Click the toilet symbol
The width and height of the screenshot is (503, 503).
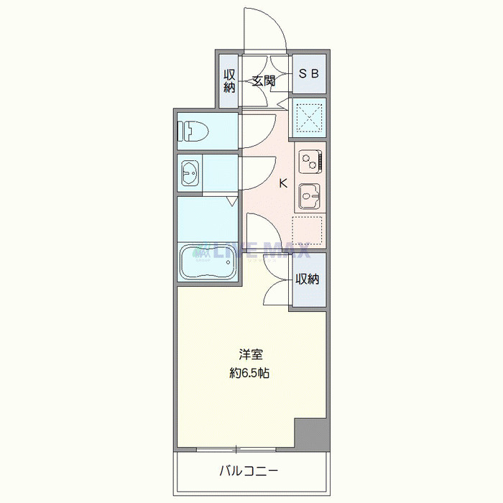pos(193,131)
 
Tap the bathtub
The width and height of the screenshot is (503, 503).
pos(208,262)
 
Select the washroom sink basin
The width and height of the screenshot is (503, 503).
pos(190,173)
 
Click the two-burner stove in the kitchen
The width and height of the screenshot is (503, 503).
pos(310,162)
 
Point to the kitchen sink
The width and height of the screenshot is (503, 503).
pos(309,195)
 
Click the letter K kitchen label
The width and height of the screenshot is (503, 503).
pos(283,183)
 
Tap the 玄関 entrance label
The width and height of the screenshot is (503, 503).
pos(264,80)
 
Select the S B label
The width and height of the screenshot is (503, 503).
pos(308,74)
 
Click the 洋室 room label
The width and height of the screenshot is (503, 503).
pos(251,354)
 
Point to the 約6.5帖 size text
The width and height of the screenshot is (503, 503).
pos(249,373)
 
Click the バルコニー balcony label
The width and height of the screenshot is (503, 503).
pos(249,471)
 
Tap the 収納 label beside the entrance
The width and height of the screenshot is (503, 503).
pos(229,80)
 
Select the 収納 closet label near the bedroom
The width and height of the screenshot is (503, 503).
pos(308,279)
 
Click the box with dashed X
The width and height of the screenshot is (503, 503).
pos(309,118)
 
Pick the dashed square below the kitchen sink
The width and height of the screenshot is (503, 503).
pos(307,230)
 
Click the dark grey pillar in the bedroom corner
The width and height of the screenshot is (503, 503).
pos(312,434)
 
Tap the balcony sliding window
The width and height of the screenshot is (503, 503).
pos(236,449)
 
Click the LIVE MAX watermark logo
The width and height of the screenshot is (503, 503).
pos(251,251)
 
